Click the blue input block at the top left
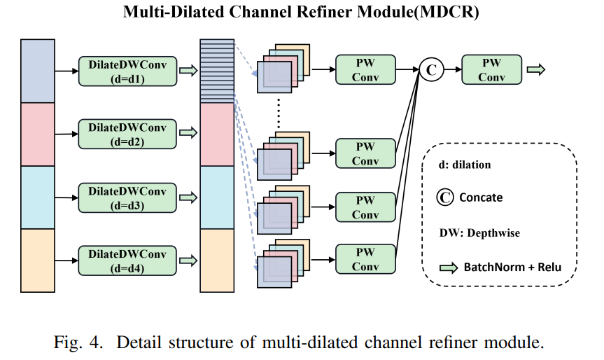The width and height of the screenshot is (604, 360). tap(37, 71)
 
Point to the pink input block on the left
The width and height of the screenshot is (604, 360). tap(37, 134)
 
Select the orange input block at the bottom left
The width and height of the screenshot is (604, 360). tap(37, 259)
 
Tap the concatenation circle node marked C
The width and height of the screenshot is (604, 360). tap(431, 69)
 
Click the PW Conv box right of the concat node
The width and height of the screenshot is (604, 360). tap(491, 69)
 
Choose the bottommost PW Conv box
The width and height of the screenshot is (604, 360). tap(365, 259)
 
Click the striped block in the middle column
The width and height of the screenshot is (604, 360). tap(216, 71)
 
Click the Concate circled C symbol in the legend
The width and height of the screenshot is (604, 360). tap(446, 197)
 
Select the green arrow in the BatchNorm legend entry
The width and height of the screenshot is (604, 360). tap(449, 267)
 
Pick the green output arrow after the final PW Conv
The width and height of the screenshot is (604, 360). tap(535, 69)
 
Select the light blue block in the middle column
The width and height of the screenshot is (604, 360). tap(216, 197)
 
